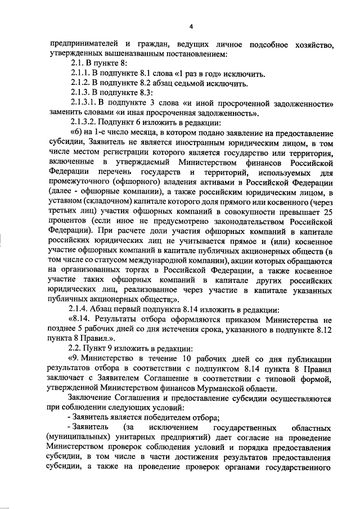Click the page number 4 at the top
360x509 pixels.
(x=191, y=26)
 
